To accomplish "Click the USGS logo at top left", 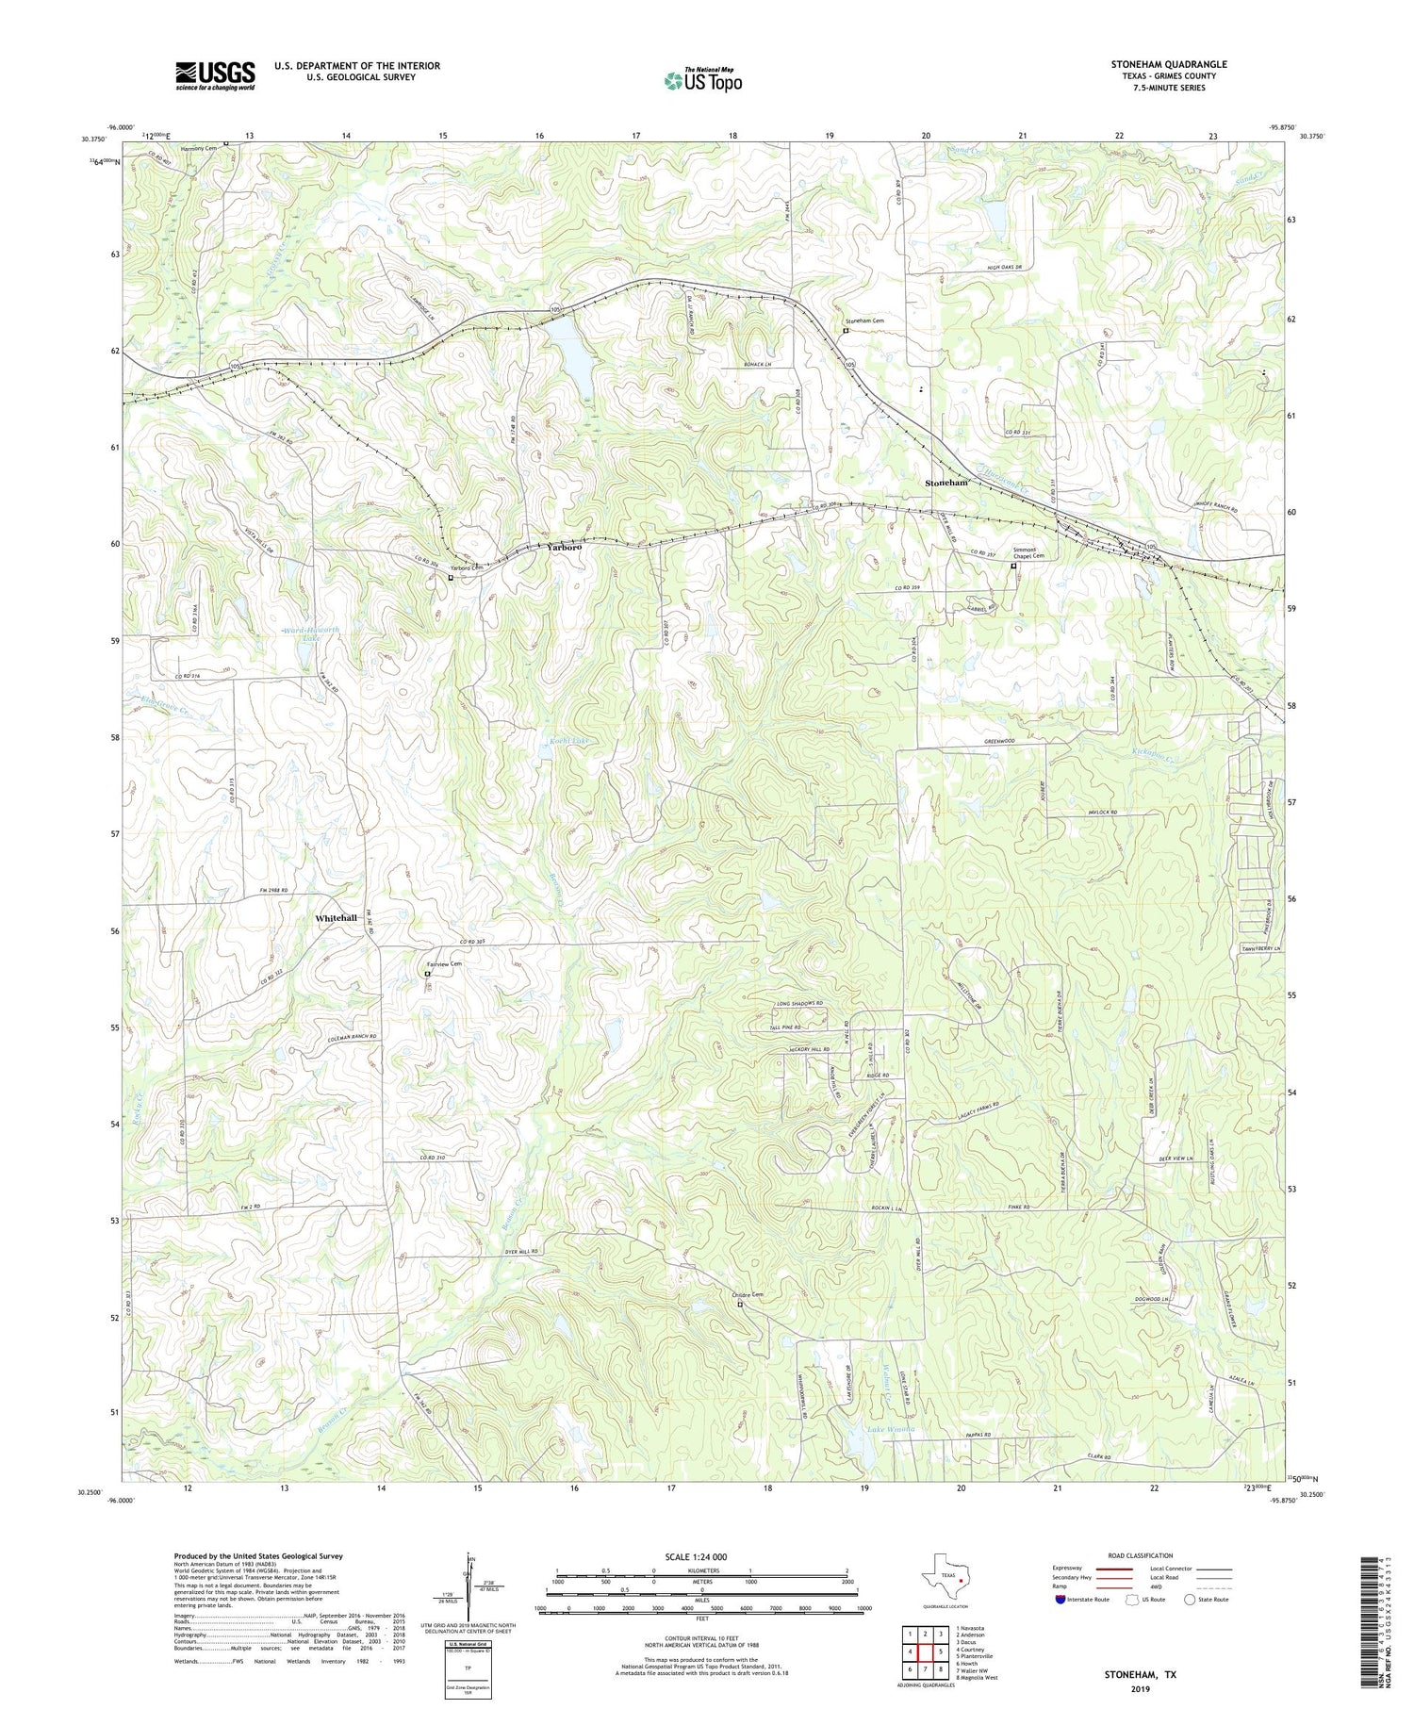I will click(215, 75).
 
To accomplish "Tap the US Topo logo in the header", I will click(702, 80).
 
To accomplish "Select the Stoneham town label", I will click(946, 483).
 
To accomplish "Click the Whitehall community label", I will click(337, 918).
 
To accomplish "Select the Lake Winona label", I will click(891, 1430).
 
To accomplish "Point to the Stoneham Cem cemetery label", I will click(863, 321).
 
